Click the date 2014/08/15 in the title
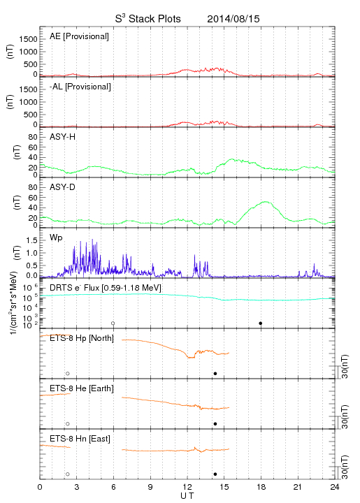233,19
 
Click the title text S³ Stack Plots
148,19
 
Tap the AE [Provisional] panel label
79,36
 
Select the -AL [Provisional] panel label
80,87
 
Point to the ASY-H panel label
63,137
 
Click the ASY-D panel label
63,187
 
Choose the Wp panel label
56,238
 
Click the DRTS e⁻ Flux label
106,288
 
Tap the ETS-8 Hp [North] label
82,338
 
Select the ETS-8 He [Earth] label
82,389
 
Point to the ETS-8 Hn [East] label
80,439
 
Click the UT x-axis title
187,495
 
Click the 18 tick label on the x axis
261,487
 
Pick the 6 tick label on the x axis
113,487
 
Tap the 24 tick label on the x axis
335,487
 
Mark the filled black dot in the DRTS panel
261,323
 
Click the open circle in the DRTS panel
113,323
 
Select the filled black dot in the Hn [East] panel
215,474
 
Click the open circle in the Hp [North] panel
68,374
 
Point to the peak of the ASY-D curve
265,201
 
